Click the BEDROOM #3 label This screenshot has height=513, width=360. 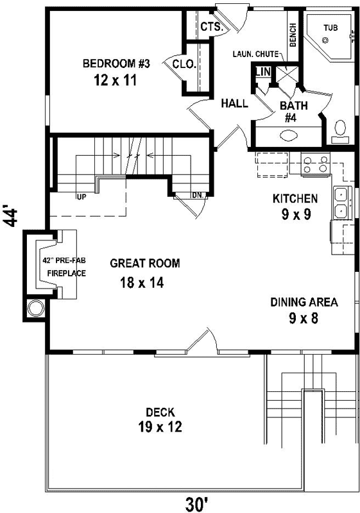[x=116, y=63]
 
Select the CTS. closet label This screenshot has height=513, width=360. [x=211, y=27]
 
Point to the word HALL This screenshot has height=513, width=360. [x=235, y=103]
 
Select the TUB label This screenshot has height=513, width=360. [x=330, y=28]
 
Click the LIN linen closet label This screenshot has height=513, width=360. [x=262, y=72]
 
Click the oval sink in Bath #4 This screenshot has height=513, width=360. [x=289, y=136]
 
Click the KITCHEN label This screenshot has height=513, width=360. [x=295, y=198]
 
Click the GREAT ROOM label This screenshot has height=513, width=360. [x=144, y=263]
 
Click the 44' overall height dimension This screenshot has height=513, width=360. [x=11, y=215]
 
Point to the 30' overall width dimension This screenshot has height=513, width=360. [x=196, y=504]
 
